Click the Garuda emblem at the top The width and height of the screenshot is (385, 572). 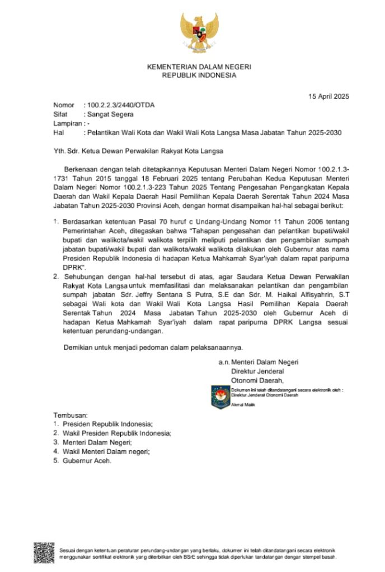[x=199, y=32]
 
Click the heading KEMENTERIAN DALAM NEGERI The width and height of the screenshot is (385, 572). [x=199, y=67]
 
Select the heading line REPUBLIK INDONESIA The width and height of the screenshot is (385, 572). [x=199, y=75]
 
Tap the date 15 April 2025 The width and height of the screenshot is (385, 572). [x=328, y=96]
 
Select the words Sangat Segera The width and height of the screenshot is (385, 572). [x=110, y=115]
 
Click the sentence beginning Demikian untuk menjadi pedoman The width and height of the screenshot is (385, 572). [x=153, y=348]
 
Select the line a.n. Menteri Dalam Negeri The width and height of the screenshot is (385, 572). [x=259, y=362]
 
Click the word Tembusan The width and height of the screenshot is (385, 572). [x=71, y=416]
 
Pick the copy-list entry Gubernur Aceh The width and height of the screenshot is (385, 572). [x=87, y=461]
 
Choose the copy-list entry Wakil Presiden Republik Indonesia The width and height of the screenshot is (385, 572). [x=116, y=433]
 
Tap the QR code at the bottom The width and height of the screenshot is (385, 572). [x=44, y=553]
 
